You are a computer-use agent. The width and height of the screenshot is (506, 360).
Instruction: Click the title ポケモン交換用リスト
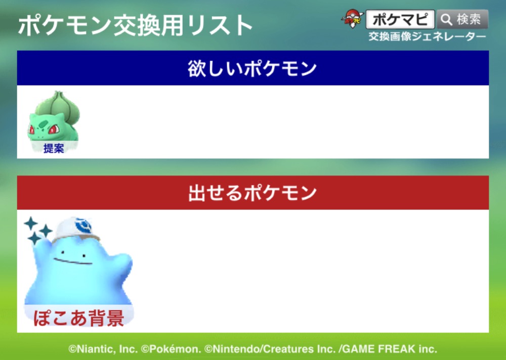(135, 25)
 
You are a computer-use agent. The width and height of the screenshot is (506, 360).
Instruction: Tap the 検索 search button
(462, 19)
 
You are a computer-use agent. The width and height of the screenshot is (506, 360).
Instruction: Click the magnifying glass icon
(447, 20)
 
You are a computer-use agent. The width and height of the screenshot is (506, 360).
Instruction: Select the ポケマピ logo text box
(400, 19)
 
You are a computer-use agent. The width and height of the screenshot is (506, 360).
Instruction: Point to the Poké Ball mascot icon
(352, 19)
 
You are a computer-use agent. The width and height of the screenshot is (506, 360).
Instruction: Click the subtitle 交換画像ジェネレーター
(427, 36)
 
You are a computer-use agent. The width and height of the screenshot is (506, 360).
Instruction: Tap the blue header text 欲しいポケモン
(252, 68)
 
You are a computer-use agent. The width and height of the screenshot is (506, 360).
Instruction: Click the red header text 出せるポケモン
(252, 193)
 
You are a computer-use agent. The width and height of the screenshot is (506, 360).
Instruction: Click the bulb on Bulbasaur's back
(58, 103)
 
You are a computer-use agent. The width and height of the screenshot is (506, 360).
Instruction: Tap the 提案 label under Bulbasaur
(54, 148)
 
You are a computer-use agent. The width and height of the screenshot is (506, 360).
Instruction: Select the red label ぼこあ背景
(79, 318)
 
